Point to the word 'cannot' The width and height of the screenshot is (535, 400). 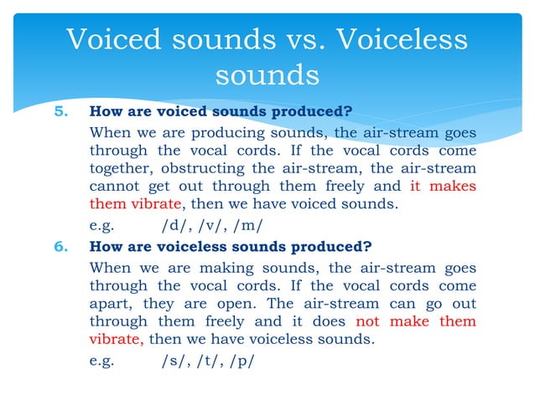point(113,187)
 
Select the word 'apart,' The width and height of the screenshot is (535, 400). point(111,304)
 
